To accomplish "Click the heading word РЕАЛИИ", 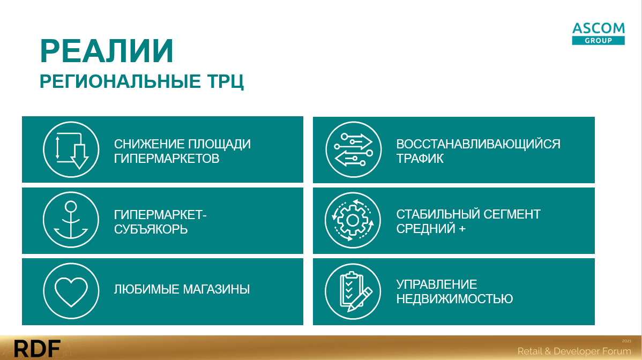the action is [x=107, y=51].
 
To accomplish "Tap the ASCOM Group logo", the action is [x=598, y=34].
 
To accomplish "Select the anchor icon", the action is [x=71, y=220].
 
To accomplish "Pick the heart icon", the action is [x=71, y=291].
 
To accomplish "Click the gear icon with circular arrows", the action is [x=353, y=220].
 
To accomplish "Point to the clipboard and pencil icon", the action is [x=353, y=291].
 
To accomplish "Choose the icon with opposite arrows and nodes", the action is [x=353, y=149].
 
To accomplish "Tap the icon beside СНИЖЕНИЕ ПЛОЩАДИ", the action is [x=71, y=149].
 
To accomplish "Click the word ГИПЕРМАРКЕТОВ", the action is [x=167, y=159].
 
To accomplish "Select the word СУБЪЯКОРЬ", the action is [x=151, y=229].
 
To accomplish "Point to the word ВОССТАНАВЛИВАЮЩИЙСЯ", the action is [x=478, y=144].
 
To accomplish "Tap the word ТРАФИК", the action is [x=420, y=159].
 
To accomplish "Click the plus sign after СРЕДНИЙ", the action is [x=462, y=229].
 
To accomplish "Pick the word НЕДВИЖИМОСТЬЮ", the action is [x=454, y=298].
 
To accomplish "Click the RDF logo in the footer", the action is [x=38, y=349].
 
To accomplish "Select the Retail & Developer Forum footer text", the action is [x=574, y=351].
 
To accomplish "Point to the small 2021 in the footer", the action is [x=626, y=341].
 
